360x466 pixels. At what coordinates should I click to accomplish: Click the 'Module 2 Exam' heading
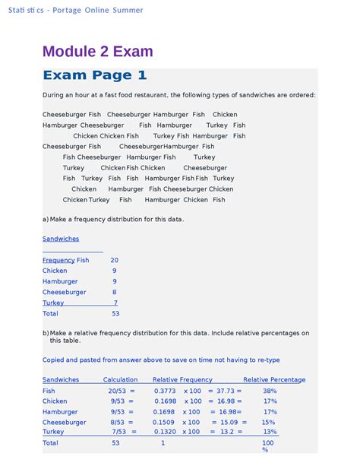pyautogui.click(x=98, y=52)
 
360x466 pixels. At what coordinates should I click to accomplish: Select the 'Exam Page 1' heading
pyautogui.click(x=95, y=75)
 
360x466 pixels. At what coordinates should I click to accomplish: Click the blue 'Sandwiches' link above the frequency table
pyautogui.click(x=61, y=239)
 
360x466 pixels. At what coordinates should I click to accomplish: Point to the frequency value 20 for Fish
pyautogui.click(x=114, y=260)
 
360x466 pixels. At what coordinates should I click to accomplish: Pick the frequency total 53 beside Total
pyautogui.click(x=115, y=313)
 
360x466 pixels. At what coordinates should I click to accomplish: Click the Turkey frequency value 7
pyautogui.click(x=115, y=303)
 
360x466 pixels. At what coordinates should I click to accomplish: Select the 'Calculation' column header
pyautogui.click(x=121, y=379)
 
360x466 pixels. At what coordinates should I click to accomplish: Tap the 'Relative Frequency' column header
pyautogui.click(x=182, y=379)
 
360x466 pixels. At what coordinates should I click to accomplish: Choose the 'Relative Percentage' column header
pyautogui.click(x=274, y=379)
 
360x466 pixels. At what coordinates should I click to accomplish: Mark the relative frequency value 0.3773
pyautogui.click(x=165, y=391)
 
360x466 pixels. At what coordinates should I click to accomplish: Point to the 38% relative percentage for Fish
pyautogui.click(x=270, y=391)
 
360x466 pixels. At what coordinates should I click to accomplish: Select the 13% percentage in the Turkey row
pyautogui.click(x=270, y=432)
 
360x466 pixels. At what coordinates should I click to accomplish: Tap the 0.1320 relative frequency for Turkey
pyautogui.click(x=165, y=432)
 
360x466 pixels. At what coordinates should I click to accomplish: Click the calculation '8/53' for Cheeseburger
pyautogui.click(x=117, y=422)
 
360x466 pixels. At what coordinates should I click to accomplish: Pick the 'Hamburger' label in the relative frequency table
pyautogui.click(x=60, y=411)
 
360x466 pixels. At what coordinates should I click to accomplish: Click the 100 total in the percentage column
pyautogui.click(x=268, y=442)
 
